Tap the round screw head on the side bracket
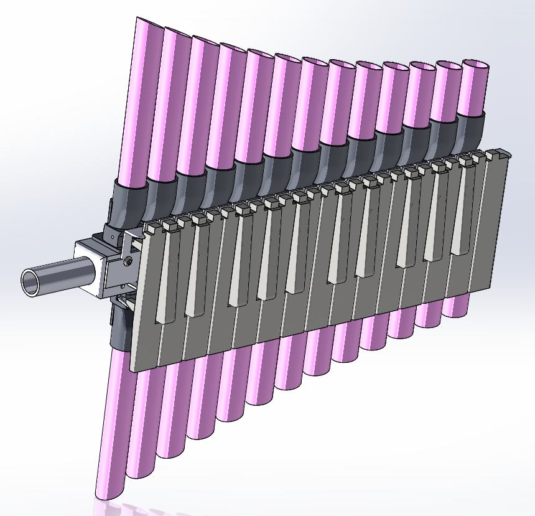click(x=128, y=261)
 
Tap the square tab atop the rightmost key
click(x=493, y=152)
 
